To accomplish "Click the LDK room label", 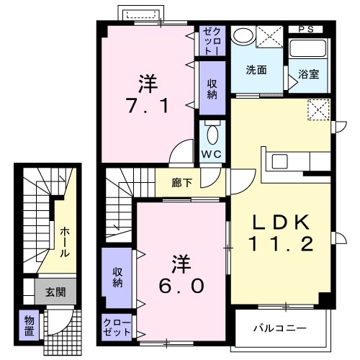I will (282, 221).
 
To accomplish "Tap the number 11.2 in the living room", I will (282, 245).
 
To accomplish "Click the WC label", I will (212, 154).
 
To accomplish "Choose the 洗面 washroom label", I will (256, 71).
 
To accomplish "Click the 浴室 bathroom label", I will (309, 73).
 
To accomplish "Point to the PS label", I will (306, 29).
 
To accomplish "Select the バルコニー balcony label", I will (279, 328).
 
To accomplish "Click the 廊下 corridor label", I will (181, 182).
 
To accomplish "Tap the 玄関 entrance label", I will (55, 292).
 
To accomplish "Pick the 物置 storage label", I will (29, 325).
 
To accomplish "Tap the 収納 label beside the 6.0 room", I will (116, 277).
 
